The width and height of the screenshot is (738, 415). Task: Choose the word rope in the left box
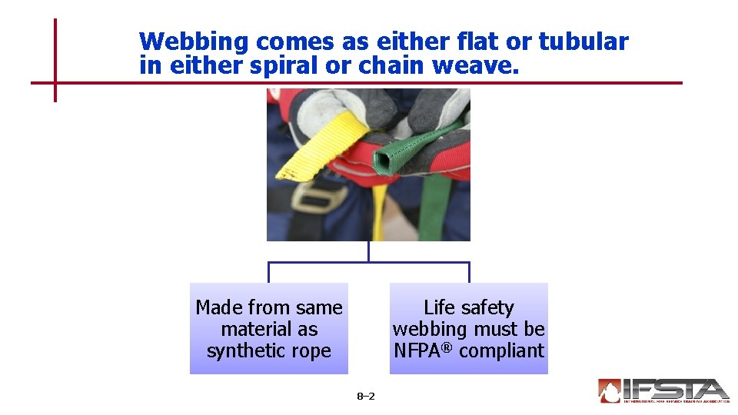click(311, 350)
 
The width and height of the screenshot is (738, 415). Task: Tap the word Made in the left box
click(213, 307)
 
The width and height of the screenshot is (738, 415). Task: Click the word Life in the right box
click(439, 307)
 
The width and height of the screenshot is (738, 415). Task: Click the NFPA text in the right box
click(418, 350)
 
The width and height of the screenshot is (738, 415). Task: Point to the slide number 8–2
click(366, 397)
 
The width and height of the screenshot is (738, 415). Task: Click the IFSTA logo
click(663, 390)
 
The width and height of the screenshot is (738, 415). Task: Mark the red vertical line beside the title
click(55, 60)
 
